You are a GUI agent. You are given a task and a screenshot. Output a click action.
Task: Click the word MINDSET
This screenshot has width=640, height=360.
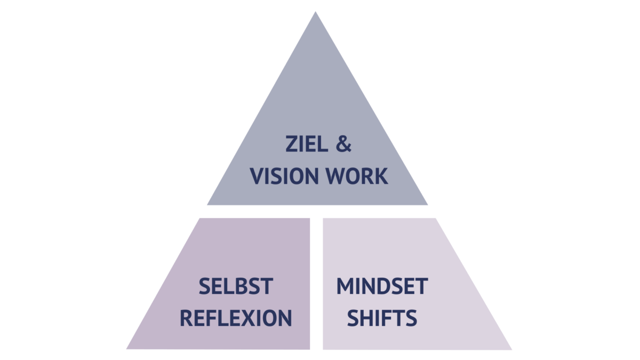(x=382, y=287)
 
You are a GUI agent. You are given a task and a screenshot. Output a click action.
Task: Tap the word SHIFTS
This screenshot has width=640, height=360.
(x=382, y=318)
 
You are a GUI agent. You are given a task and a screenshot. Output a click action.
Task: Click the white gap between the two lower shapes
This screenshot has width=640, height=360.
(x=316, y=283)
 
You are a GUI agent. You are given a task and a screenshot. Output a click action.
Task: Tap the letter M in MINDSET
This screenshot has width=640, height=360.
(x=345, y=287)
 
